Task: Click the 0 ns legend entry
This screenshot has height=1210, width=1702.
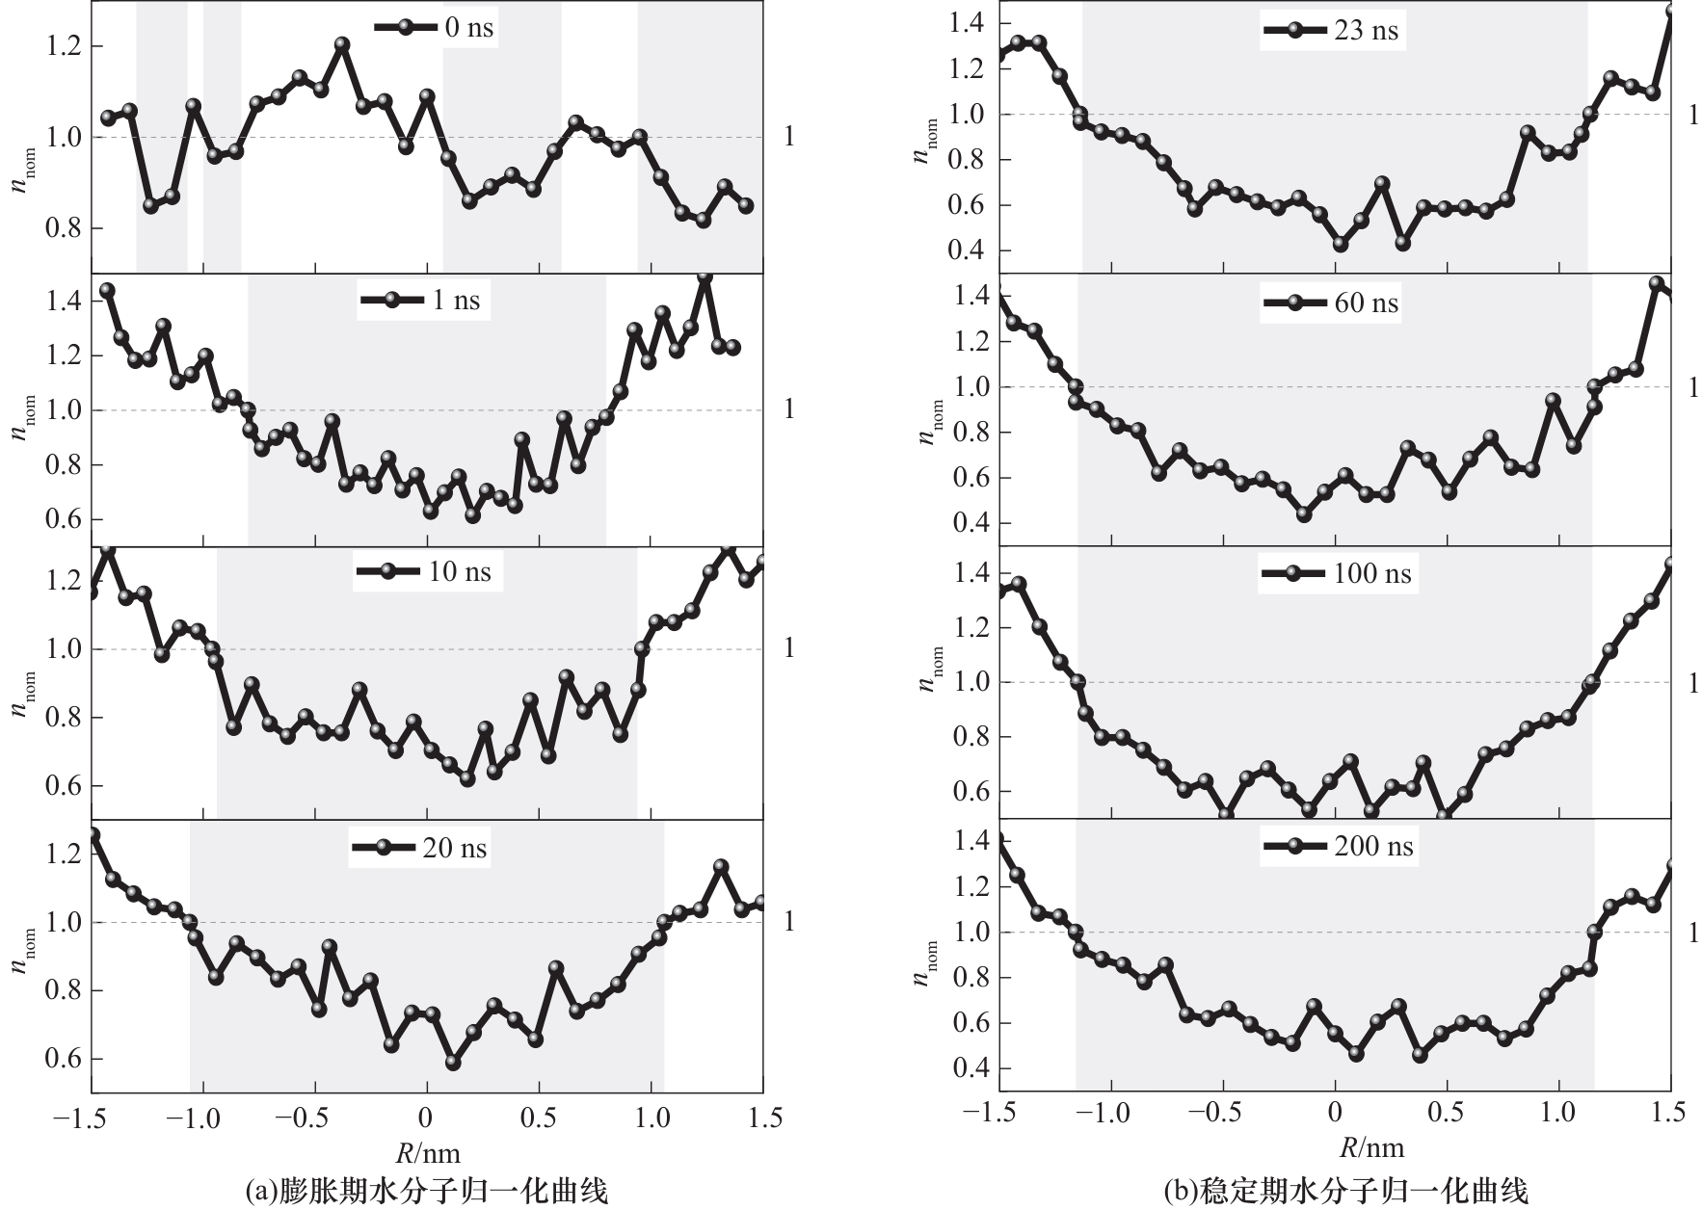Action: [x=435, y=27]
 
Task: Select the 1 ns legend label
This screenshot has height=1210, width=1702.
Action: [x=421, y=300]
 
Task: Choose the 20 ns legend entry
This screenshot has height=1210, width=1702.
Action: [x=420, y=848]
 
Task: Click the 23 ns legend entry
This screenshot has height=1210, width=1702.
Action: [x=1331, y=30]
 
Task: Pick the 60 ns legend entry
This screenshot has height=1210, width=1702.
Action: [x=1331, y=302]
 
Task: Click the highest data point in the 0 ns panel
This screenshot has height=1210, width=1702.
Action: [x=342, y=44]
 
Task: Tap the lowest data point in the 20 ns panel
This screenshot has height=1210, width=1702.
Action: [x=453, y=1063]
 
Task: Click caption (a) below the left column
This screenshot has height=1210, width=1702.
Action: [x=427, y=1191]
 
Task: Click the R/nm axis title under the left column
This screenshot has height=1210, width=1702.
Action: [x=427, y=1152]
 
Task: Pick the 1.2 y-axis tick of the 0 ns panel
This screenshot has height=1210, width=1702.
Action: [x=64, y=46]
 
